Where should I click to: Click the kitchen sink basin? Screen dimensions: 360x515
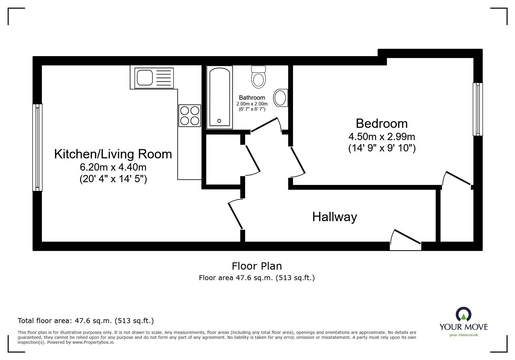145,78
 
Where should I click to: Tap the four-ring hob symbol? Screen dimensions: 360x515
190,116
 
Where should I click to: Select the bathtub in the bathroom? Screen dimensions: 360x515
220,97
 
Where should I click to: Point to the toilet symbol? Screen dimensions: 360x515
258,77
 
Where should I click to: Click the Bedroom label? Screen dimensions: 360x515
382,123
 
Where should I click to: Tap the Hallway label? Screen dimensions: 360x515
334,217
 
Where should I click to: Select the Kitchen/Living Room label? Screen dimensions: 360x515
113,154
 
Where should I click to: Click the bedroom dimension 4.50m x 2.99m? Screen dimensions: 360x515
382,137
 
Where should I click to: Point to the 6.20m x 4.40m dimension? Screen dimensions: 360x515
113,167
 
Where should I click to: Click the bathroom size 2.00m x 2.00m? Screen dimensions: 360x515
252,104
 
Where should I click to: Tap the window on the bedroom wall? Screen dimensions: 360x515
477,109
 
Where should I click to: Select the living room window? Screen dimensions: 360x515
37,148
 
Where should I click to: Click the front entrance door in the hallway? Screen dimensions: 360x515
405,241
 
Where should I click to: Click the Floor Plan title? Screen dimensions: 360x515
257,266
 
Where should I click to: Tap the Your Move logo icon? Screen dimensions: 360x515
463,315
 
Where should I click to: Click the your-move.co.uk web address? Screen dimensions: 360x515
464,335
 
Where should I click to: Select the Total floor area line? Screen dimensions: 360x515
85,321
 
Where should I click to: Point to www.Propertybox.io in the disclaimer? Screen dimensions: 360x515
93,342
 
